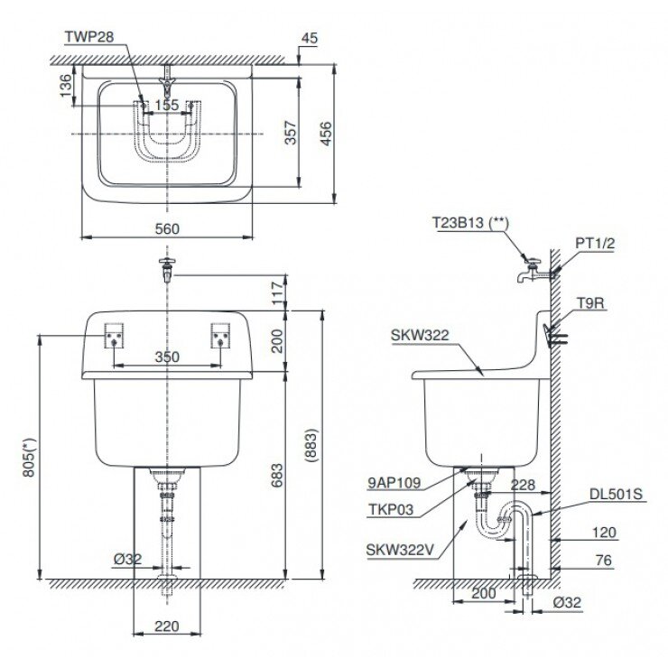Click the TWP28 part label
click(x=88, y=37)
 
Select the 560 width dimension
click(x=167, y=228)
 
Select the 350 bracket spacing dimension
click(x=166, y=357)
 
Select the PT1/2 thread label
click(x=593, y=243)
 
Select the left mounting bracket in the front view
click(x=113, y=337)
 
